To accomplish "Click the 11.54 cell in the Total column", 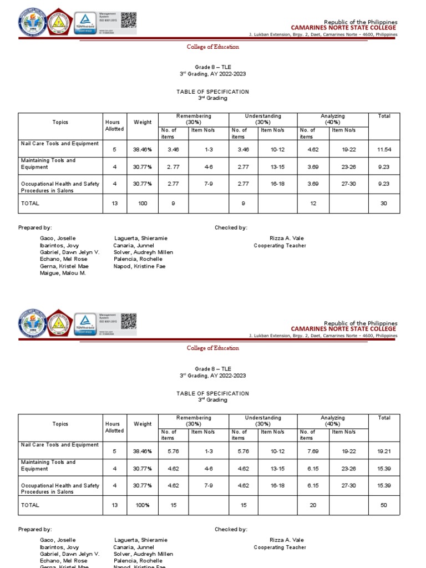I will point(384,150).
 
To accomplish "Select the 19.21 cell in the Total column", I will point(384,452).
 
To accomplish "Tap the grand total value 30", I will point(384,204).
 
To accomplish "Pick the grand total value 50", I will point(384,505).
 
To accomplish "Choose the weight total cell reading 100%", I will point(143,505).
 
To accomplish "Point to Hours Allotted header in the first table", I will point(114,125).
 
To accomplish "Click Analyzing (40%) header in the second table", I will point(332,420).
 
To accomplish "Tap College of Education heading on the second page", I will point(212,348).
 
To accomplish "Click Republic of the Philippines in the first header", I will point(361,22).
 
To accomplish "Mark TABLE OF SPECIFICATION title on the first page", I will point(212,92).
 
